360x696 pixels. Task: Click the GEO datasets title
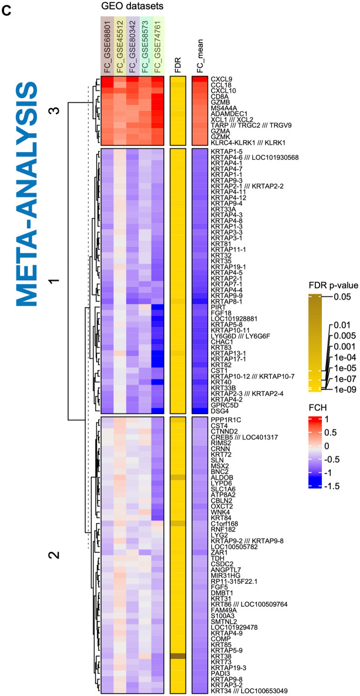[x=132, y=6]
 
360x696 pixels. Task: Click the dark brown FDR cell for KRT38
[x=178, y=656]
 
